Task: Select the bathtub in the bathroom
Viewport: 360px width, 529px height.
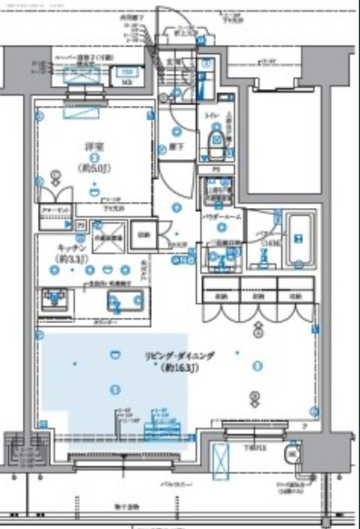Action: (x=299, y=239)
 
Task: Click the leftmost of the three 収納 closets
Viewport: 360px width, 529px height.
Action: (x=221, y=295)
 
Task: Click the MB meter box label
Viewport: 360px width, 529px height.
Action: (x=126, y=82)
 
